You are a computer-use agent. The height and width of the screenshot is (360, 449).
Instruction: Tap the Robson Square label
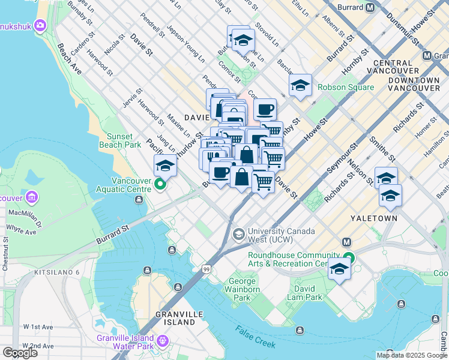pyautogui.click(x=345, y=87)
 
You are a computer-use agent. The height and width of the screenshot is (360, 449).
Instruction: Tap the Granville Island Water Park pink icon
pyautogui.click(x=162, y=342)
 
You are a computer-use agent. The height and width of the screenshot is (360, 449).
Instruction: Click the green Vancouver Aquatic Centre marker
pyautogui.click(x=160, y=184)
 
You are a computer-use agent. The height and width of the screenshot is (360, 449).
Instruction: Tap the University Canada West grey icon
pyautogui.click(x=239, y=233)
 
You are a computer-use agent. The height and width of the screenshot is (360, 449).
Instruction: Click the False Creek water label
pyautogui.click(x=255, y=337)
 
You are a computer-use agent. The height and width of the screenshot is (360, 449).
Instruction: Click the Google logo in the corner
pyautogui.click(x=20, y=353)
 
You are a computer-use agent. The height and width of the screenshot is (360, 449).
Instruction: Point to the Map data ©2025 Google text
pyautogui.click(x=411, y=355)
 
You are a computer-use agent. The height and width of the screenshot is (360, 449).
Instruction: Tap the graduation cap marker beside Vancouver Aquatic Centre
pyautogui.click(x=165, y=165)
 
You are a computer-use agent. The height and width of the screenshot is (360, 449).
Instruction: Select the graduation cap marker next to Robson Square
pyautogui.click(x=300, y=85)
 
